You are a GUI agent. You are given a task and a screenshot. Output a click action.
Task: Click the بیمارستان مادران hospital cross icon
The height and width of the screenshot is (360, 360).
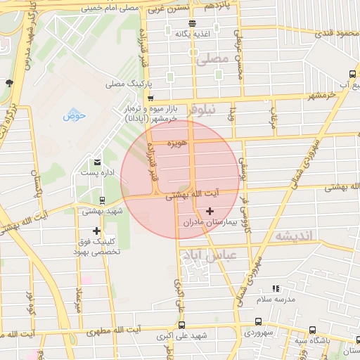[x=210, y=211]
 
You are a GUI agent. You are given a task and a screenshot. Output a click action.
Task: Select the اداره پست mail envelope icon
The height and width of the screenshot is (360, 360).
[x=96, y=161]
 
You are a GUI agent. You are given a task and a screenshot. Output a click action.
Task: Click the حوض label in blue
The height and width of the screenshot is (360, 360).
[x=74, y=116]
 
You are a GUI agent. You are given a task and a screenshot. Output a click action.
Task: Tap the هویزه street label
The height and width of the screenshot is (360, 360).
[x=176, y=143]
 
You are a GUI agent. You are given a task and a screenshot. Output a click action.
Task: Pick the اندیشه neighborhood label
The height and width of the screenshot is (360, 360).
[x=293, y=236]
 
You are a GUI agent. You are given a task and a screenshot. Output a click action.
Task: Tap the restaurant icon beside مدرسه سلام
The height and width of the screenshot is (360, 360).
[x=276, y=288]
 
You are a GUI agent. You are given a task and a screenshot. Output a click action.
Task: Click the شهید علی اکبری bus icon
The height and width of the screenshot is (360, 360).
[x=181, y=325]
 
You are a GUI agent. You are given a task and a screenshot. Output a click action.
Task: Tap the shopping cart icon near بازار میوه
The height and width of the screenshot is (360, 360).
[x=150, y=98]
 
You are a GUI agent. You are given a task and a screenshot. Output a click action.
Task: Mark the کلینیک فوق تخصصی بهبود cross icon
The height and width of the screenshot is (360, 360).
[x=96, y=231]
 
